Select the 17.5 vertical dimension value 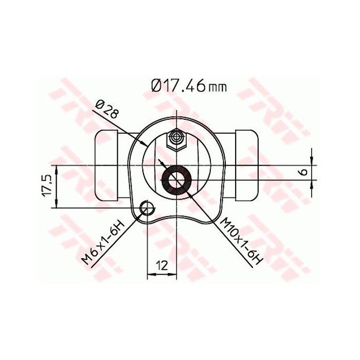pos(46,185)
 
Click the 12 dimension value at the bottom pos(161,265)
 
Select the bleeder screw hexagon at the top pos(176,138)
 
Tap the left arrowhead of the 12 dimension pos(151,276)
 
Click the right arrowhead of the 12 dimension pos(173,276)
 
